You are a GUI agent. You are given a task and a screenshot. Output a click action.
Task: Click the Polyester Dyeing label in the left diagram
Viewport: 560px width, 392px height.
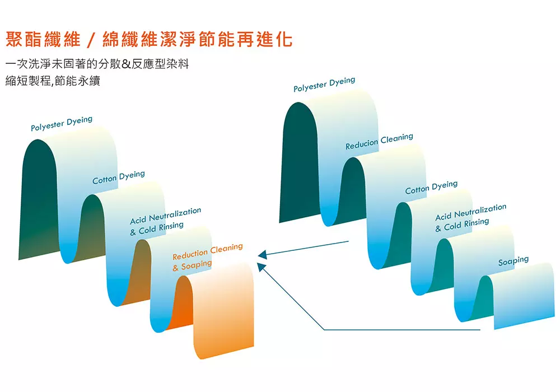(62, 124)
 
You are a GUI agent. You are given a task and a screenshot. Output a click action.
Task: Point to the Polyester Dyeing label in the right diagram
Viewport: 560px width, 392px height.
(324, 85)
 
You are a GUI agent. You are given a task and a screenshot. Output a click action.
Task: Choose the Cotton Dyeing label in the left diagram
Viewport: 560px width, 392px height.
(119, 177)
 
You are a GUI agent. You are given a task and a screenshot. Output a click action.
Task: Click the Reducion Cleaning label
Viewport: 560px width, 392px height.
(379, 141)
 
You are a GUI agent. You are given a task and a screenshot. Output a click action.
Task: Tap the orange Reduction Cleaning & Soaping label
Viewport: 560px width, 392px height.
(207, 256)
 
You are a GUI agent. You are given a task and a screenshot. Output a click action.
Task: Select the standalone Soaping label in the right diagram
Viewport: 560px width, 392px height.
(514, 260)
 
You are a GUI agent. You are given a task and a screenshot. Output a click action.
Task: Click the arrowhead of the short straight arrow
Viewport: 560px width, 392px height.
(261, 255)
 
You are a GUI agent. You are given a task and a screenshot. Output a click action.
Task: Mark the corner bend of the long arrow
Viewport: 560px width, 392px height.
(325, 330)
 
